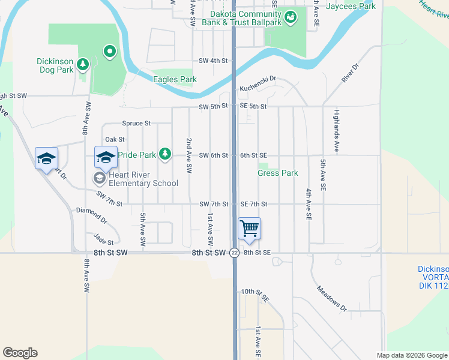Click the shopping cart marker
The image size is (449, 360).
(249, 229)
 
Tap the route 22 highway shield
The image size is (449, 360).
(234, 253)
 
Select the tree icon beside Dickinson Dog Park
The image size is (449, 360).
(82, 64)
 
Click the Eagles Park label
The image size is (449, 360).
(175, 79)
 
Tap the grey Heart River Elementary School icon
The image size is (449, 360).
(98, 178)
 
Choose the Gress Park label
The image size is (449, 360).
(277, 173)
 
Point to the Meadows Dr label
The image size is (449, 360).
(332, 298)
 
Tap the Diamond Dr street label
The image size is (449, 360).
(91, 215)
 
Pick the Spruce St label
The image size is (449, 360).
(136, 123)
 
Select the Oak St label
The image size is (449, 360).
(115, 139)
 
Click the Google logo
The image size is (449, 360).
(20, 353)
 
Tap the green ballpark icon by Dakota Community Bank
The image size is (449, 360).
(291, 17)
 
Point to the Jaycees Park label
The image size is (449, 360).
(351, 6)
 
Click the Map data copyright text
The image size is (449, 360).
(411, 355)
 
